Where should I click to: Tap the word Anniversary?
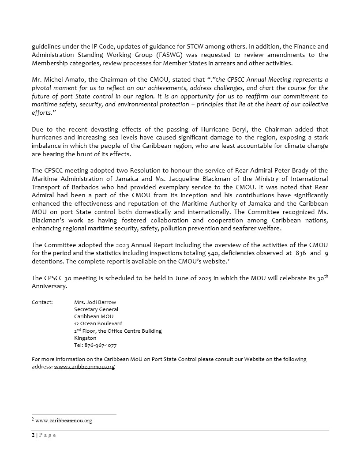pos(49,286)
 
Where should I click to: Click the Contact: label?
pos(42,302)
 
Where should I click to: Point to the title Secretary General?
pos(96,309)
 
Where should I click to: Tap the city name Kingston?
pos(85,338)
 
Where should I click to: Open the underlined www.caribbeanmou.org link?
pos(84,367)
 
